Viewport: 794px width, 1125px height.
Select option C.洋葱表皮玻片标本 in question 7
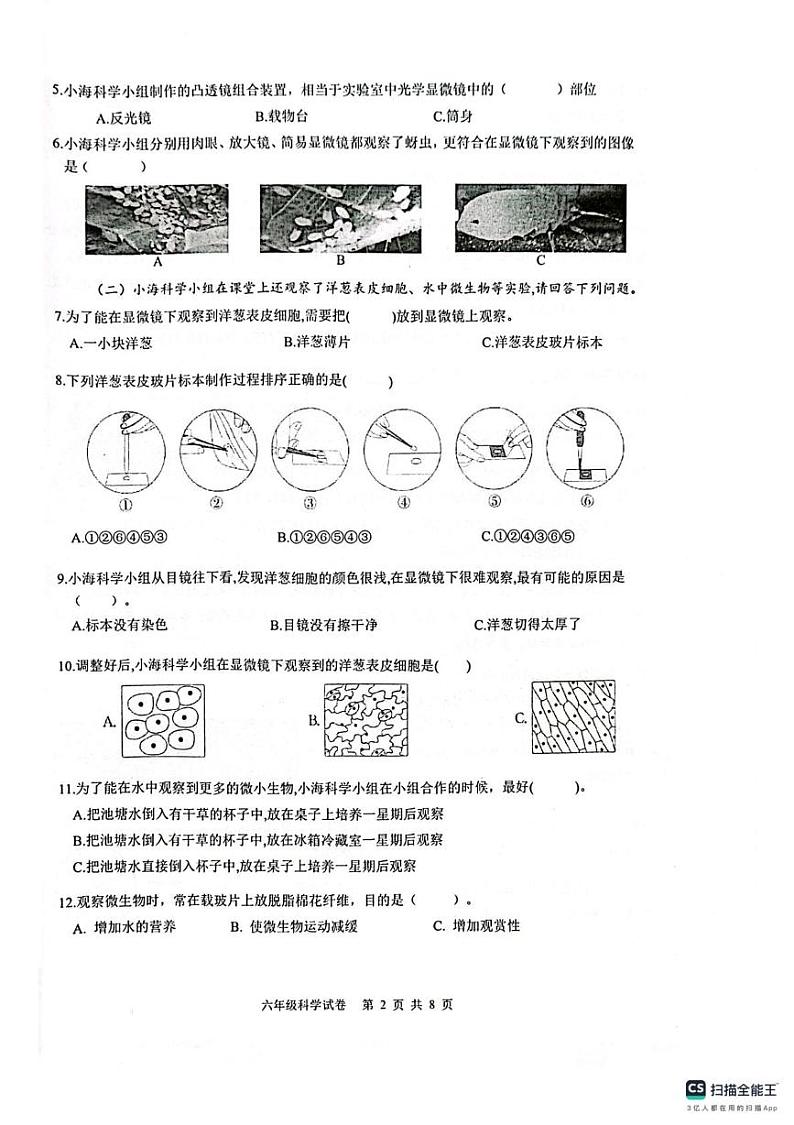pos(541,343)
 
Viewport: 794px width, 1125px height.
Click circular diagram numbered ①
pos(123,451)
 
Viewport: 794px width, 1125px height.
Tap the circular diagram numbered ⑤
pos(494,451)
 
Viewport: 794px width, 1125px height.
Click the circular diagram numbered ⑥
pos(586,451)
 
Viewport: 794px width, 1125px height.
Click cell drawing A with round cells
pos(162,721)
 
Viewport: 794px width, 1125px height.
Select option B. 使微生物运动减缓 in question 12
pos(293,927)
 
